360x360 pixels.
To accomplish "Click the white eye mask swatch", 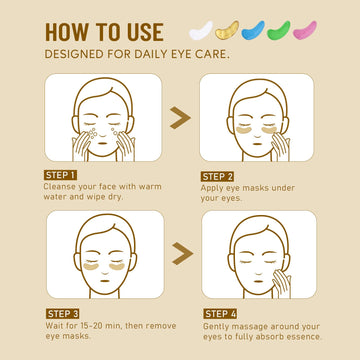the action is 201,31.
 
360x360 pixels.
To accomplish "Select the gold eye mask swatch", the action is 227,31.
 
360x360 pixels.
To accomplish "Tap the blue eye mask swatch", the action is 253,31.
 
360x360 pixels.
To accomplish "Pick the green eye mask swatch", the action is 278,31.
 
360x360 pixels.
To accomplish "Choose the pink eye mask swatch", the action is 304,31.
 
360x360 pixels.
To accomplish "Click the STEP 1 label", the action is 60,175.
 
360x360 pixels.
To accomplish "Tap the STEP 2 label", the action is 217,177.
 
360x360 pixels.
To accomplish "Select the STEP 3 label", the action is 62,314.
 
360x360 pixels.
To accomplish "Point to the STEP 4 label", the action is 220,314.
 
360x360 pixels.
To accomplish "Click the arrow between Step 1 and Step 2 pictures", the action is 180,118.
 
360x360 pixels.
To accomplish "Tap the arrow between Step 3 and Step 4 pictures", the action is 182,254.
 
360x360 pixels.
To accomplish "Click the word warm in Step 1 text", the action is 148,186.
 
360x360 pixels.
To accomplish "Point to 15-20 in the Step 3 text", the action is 101,325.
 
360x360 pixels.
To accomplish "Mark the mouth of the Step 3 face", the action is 105,280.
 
